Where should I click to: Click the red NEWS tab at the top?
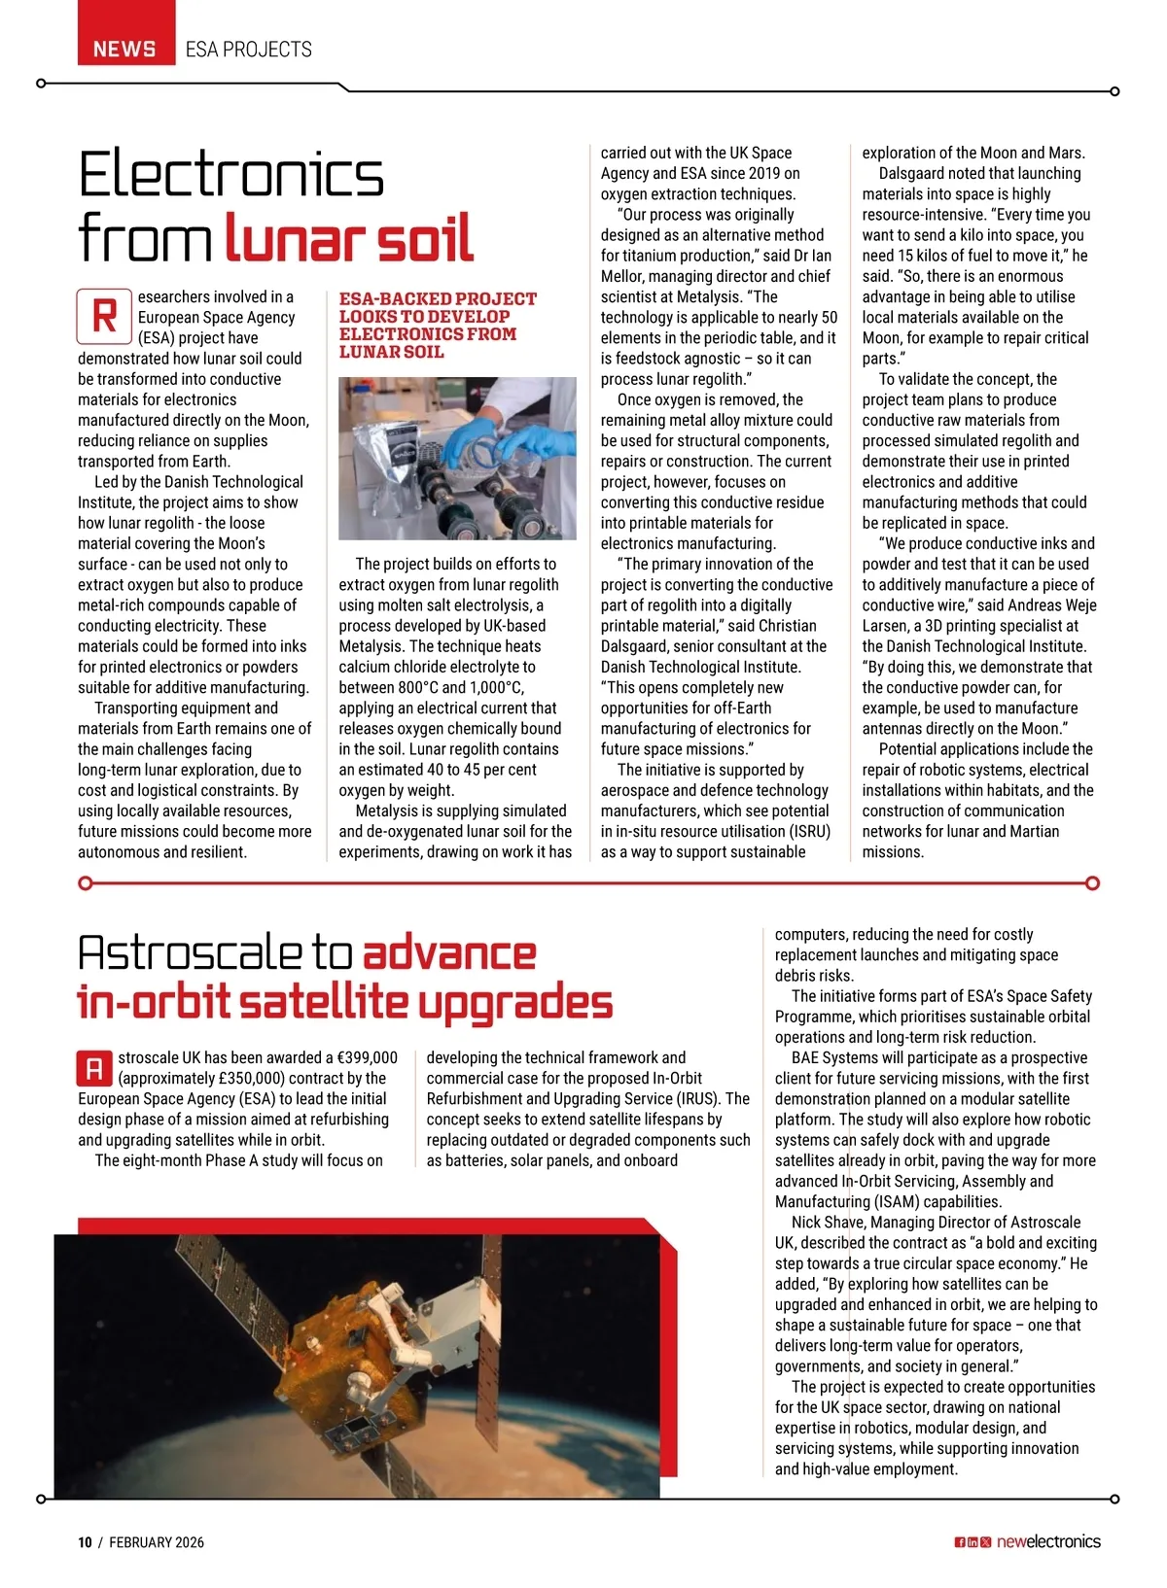point(125,49)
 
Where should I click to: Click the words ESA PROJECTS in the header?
point(249,49)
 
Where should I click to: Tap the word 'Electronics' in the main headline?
point(231,175)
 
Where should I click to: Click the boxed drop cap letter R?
point(104,316)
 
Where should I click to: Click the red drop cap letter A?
point(94,1069)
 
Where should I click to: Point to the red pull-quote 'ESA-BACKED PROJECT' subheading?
point(438,299)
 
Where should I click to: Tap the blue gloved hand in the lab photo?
point(475,437)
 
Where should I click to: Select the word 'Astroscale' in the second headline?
point(191,954)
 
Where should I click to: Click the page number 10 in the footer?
point(85,1542)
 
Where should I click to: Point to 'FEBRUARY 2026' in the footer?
point(157,1542)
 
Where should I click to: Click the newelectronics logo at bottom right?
point(1048,1541)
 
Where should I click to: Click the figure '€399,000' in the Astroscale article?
point(367,1057)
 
